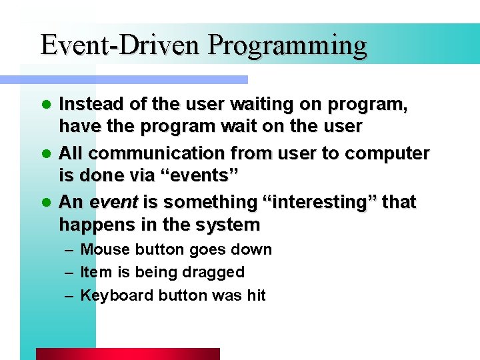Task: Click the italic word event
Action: click(x=109, y=202)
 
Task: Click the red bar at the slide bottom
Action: click(x=127, y=354)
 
